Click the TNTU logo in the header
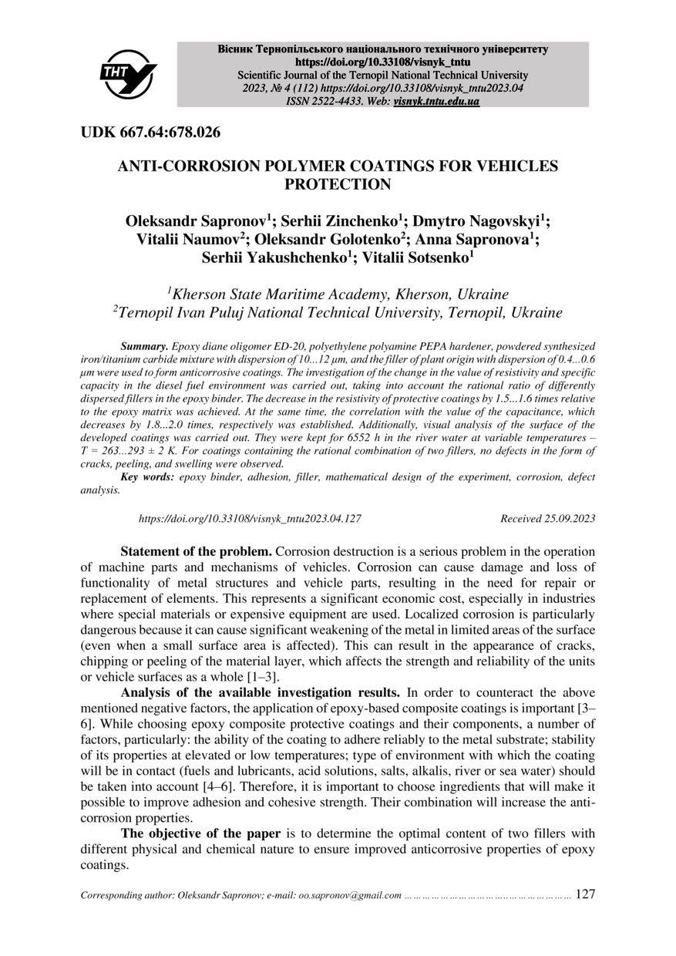pos(128,74)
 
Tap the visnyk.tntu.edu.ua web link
pos(436,101)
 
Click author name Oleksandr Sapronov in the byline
pos(192,220)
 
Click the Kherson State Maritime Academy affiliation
pos(340,295)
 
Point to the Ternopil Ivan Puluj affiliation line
pos(340,313)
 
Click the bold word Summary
pos(145,348)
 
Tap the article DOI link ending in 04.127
pos(250,520)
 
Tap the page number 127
pos(586,894)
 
